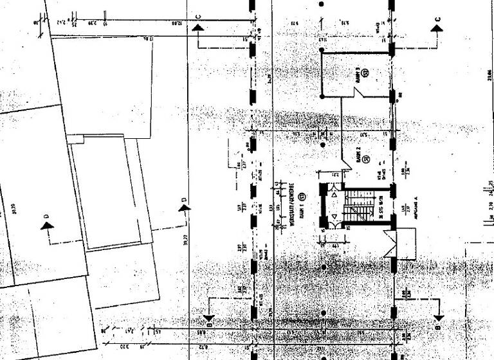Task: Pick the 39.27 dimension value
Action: point(185,238)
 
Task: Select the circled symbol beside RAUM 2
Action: point(366,158)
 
